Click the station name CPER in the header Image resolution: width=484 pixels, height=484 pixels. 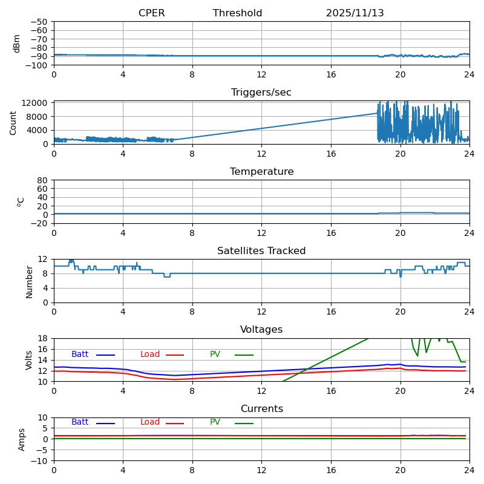point(151,13)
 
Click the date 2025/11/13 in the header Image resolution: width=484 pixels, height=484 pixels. point(355,13)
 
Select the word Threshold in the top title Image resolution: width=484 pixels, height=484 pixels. point(237,13)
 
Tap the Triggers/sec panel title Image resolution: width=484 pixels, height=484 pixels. point(261,93)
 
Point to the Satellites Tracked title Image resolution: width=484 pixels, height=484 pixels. point(261,251)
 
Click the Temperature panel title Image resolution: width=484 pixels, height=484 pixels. point(261,172)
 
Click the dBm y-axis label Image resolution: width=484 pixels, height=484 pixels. point(17,44)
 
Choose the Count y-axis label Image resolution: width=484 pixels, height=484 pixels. point(13,123)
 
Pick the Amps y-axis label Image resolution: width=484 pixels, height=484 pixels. point(22,439)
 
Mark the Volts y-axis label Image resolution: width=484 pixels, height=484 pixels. point(29,360)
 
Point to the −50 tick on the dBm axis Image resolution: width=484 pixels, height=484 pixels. point(39,22)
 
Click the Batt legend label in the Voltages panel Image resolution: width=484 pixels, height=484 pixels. point(80,355)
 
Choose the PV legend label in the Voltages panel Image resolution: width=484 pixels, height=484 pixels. point(216,355)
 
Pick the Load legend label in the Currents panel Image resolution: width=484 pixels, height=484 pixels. point(150,422)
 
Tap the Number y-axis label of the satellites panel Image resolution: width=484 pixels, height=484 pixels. point(29,281)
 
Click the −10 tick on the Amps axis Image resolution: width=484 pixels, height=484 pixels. point(39,461)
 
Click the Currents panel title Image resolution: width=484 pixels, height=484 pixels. point(261,409)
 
